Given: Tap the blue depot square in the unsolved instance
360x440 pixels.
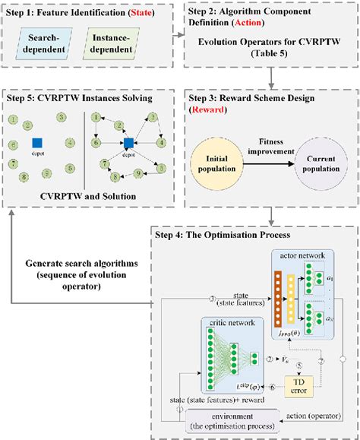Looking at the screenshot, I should click(37, 142).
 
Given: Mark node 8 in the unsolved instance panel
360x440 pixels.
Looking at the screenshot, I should click(28, 177).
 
